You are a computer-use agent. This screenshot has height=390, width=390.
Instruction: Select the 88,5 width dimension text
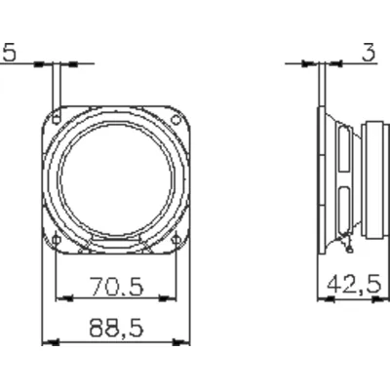point(116,329)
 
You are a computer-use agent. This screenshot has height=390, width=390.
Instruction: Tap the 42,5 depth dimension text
point(353,286)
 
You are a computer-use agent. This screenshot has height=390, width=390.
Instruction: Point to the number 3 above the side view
point(368,55)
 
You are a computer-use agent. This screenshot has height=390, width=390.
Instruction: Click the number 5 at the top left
point(8,55)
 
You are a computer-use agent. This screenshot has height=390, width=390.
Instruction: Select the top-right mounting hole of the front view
point(175,120)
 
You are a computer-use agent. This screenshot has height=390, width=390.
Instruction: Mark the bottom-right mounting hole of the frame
point(175,238)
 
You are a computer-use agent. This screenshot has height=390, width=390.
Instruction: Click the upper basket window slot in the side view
point(340,151)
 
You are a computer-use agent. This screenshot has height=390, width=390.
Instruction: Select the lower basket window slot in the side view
point(340,207)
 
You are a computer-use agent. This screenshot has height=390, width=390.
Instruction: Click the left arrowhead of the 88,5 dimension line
point(49,342)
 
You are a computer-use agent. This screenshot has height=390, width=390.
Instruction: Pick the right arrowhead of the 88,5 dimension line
point(184,342)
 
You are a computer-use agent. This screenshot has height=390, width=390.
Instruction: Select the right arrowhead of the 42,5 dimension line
point(381,299)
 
